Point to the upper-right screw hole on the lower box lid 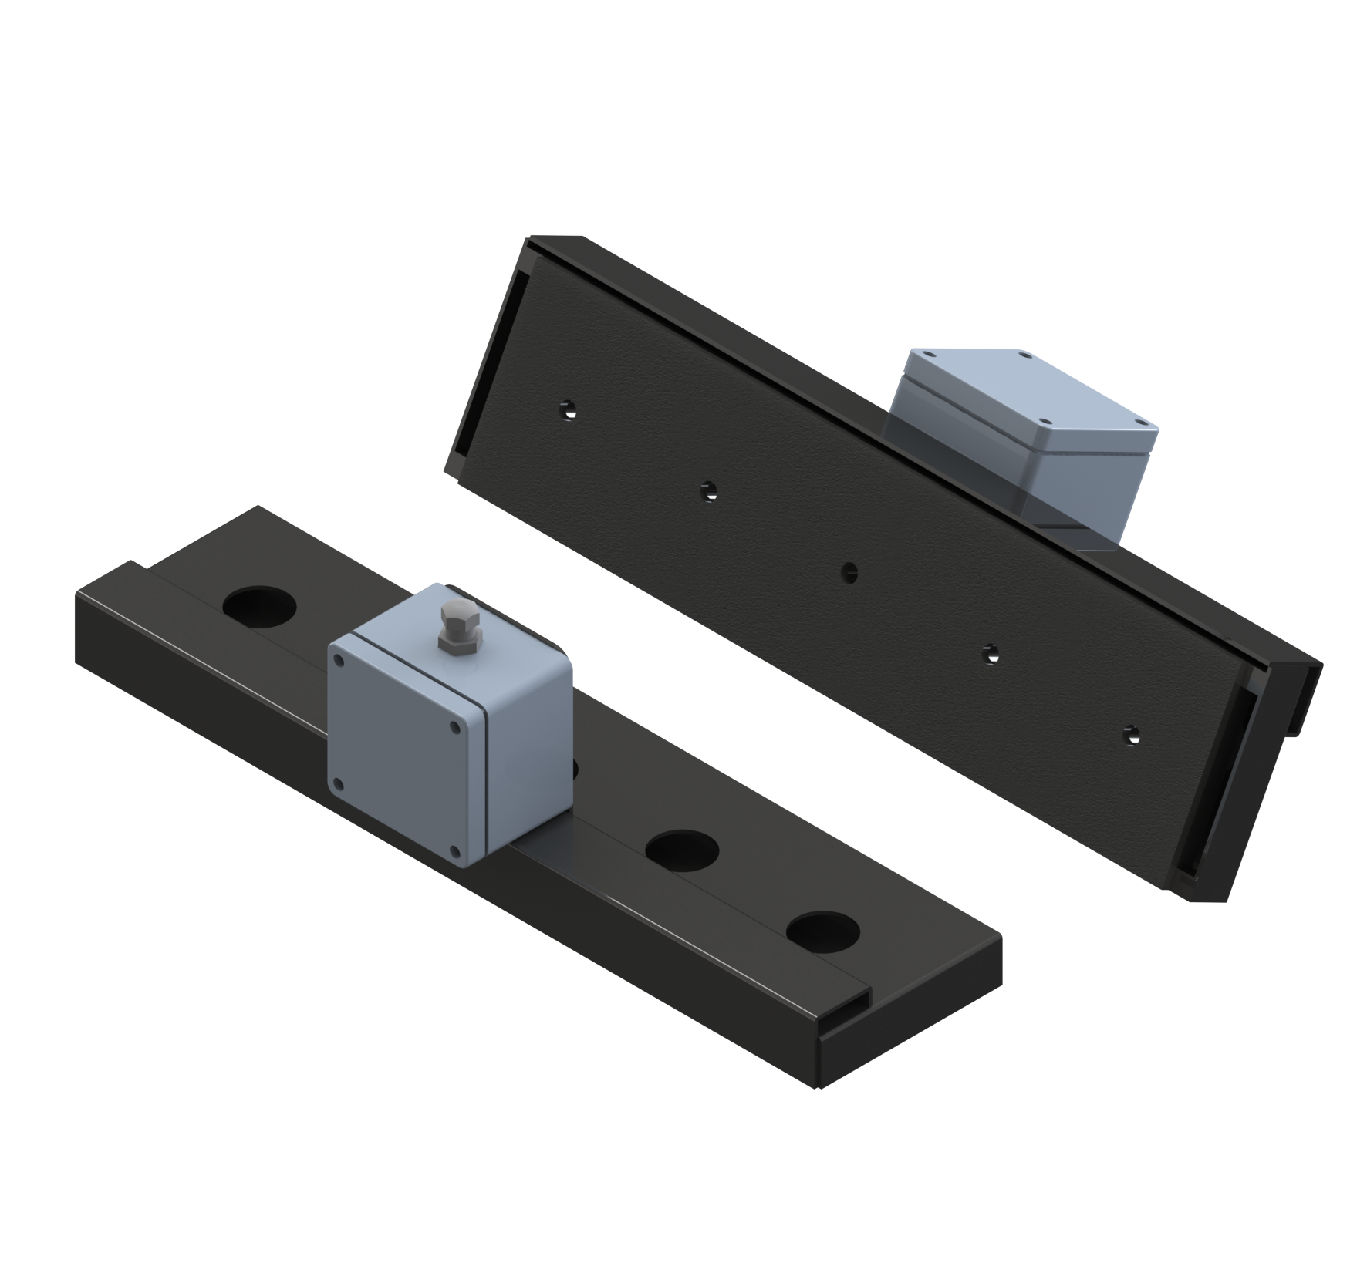click(x=455, y=726)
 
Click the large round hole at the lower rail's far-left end click(x=258, y=605)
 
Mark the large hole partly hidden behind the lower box click(x=574, y=767)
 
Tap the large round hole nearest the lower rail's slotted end click(x=822, y=931)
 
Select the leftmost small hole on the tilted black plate click(x=569, y=408)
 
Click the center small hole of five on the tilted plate click(x=849, y=572)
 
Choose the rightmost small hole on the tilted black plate click(x=1130, y=733)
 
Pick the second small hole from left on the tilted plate click(x=708, y=490)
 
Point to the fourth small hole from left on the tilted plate click(x=990, y=654)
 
